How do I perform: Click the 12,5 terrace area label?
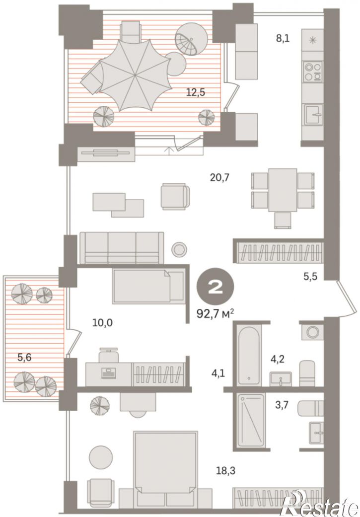coord(196,92)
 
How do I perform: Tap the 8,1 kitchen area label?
coord(283,39)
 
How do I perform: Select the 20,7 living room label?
coord(219,178)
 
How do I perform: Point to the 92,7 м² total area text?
coord(216,313)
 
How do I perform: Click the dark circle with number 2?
coord(216,286)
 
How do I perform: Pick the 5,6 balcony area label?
coord(24,357)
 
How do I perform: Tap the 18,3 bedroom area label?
coord(226,470)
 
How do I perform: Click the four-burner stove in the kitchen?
coord(313,72)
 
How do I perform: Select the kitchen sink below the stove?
coord(313,115)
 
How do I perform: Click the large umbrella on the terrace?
coord(136,75)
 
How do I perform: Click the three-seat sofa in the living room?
coord(122,248)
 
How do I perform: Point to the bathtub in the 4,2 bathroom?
coord(250,356)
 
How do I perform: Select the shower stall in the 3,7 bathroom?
coord(251,420)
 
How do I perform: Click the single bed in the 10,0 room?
coord(148,286)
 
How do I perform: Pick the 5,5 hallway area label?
coord(310,276)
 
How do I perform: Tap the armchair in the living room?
coord(175,196)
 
